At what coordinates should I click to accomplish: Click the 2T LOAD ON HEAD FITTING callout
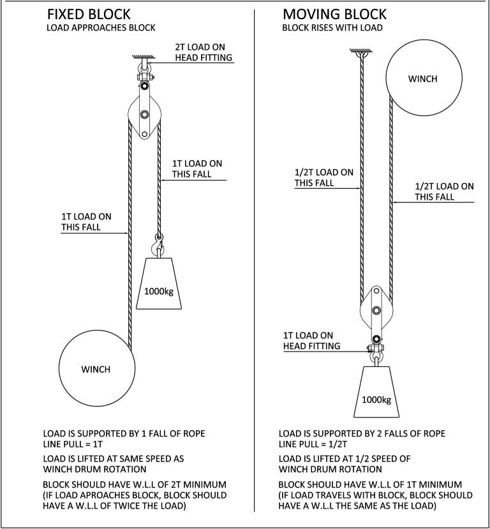[x=204, y=53]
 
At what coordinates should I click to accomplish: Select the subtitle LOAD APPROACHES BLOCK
[x=101, y=28]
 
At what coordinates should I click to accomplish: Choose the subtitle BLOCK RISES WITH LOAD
[x=332, y=28]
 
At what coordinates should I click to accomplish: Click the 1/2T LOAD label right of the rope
[x=444, y=191]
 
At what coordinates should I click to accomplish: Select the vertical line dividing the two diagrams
[x=255, y=255]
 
